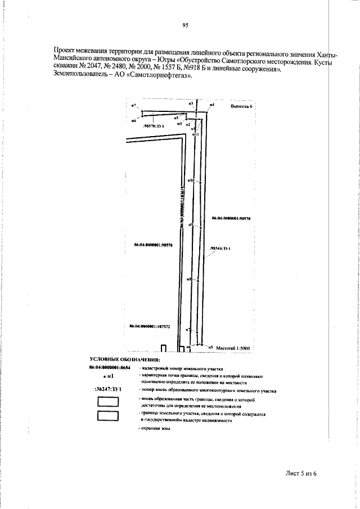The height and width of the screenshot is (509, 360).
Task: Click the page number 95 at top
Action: (185, 25)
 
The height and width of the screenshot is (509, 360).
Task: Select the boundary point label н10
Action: (190, 181)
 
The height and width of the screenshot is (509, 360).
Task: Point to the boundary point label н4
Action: (211, 105)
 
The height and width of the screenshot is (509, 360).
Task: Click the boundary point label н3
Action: (191, 104)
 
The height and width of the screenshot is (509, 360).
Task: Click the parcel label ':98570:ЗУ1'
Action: (154, 127)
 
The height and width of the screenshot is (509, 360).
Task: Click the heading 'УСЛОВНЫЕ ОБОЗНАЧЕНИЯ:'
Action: (125, 359)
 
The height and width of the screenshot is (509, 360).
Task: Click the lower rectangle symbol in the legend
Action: (107, 416)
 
